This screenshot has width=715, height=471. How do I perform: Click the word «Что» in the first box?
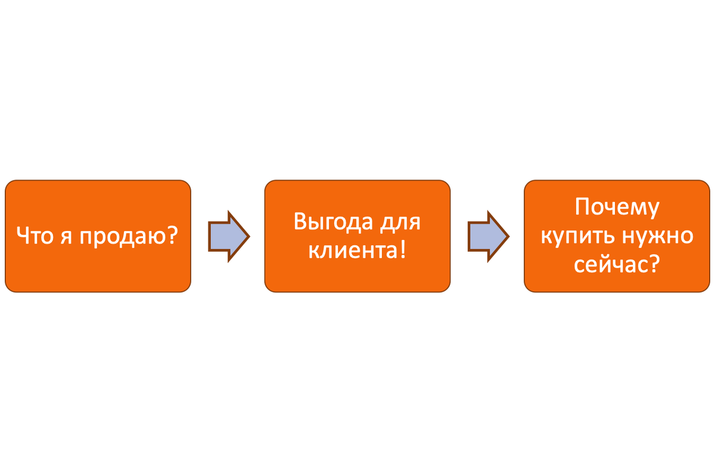click(x=34, y=236)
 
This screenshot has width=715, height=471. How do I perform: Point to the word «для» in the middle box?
click(x=401, y=223)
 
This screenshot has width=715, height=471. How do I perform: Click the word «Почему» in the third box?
click(x=617, y=208)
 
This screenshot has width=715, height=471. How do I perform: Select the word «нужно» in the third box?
click(x=657, y=236)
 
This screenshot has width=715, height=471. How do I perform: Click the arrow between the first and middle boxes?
click(x=229, y=236)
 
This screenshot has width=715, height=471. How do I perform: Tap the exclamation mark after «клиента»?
click(x=402, y=249)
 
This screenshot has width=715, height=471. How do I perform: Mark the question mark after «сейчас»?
click(x=654, y=264)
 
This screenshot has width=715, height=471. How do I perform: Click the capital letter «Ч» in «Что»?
click(x=23, y=236)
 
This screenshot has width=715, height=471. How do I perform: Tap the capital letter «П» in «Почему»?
click(x=582, y=208)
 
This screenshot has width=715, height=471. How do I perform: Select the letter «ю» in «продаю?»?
click(x=156, y=238)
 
